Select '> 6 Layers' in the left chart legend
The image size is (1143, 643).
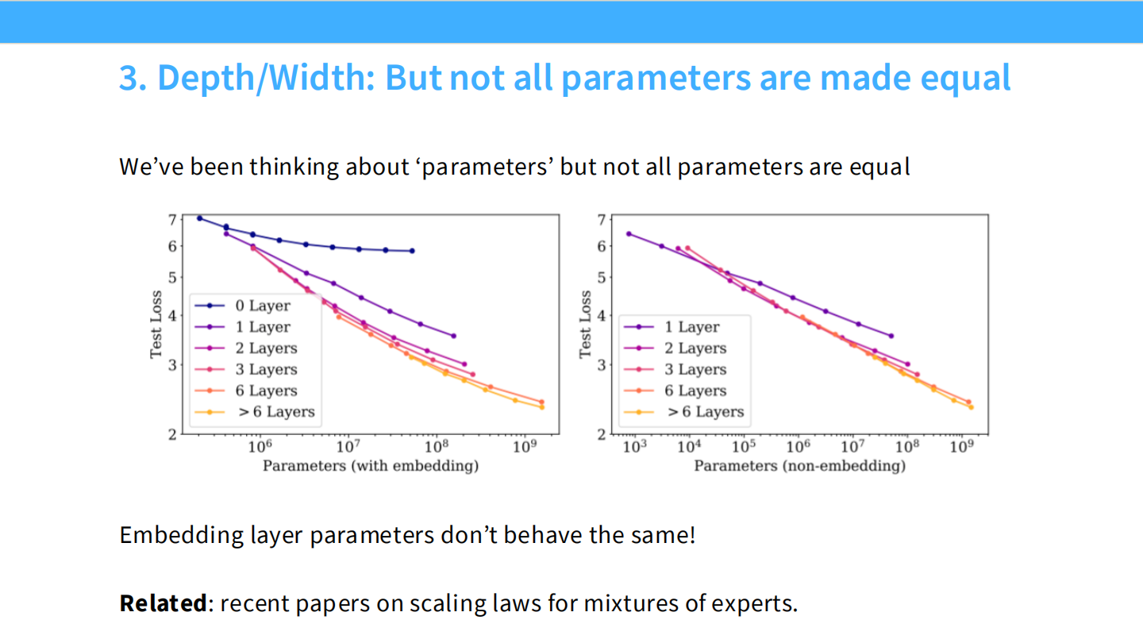pyautogui.click(x=276, y=412)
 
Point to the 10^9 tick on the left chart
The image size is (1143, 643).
pyautogui.click(x=524, y=447)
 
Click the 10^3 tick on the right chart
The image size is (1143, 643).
pyautogui.click(x=634, y=447)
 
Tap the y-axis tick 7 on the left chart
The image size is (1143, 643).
pyautogui.click(x=172, y=218)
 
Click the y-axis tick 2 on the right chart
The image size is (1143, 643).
pyautogui.click(x=602, y=434)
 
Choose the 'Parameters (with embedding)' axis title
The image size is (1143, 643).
pyautogui.click(x=371, y=466)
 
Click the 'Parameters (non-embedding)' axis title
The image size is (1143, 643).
pyautogui.click(x=799, y=466)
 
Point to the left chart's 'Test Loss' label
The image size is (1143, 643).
pyautogui.click(x=157, y=325)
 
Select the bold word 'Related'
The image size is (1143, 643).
pyautogui.click(x=163, y=603)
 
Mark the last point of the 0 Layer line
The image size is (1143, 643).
pyautogui.click(x=412, y=251)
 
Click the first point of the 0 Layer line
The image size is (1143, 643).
pyautogui.click(x=199, y=218)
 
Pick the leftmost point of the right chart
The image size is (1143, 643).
pyautogui.click(x=629, y=233)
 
